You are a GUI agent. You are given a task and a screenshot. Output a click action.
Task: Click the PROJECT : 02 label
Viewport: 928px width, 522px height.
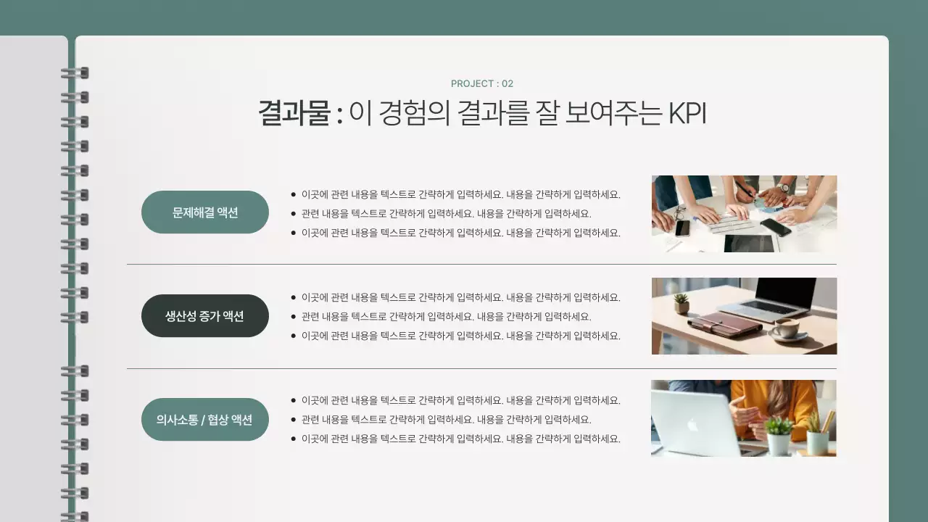pyautogui.click(x=481, y=83)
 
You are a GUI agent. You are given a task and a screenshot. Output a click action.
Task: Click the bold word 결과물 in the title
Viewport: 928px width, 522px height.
pyautogui.click(x=294, y=114)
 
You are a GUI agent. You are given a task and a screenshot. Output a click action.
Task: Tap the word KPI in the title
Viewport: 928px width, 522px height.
pyautogui.click(x=686, y=114)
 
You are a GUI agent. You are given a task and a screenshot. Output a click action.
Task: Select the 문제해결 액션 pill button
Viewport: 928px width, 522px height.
pyautogui.click(x=205, y=212)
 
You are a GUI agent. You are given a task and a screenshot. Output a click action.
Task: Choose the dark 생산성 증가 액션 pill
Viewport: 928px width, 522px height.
pyautogui.click(x=205, y=316)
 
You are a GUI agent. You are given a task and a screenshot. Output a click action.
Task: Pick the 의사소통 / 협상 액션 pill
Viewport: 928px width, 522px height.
pyautogui.click(x=205, y=419)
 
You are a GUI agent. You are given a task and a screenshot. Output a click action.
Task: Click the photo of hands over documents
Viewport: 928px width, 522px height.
pyautogui.click(x=744, y=214)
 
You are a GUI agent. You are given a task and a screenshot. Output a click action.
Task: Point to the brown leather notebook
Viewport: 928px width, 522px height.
pyautogui.click(x=723, y=325)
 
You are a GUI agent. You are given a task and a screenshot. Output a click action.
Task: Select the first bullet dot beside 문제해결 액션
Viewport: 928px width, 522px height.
pyautogui.click(x=293, y=194)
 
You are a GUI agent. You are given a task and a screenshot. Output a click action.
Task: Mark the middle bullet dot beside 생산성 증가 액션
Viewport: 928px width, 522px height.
pyautogui.click(x=293, y=317)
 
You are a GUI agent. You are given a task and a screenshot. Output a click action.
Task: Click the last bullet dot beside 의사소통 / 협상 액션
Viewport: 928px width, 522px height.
pyautogui.click(x=293, y=439)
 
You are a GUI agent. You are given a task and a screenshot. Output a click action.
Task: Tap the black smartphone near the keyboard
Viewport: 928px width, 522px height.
pyautogui.click(x=775, y=227)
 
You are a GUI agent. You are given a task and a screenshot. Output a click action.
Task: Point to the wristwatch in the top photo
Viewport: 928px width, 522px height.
pyautogui.click(x=783, y=188)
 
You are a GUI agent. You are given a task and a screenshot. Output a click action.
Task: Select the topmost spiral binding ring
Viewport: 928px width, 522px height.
pyautogui.click(x=75, y=72)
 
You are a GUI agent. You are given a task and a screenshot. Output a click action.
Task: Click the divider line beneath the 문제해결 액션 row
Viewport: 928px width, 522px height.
pyautogui.click(x=481, y=265)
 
